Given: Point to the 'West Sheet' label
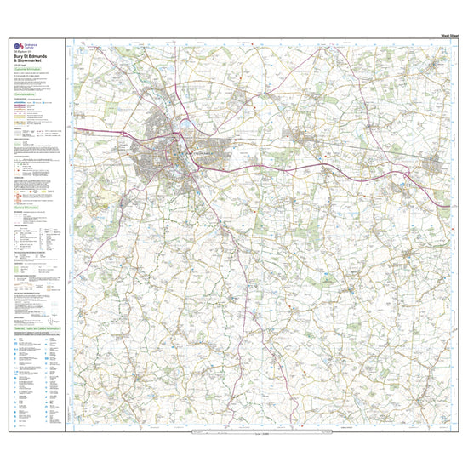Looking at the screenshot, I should point(437,33).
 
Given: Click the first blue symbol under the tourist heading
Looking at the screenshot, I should point(18,338).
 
